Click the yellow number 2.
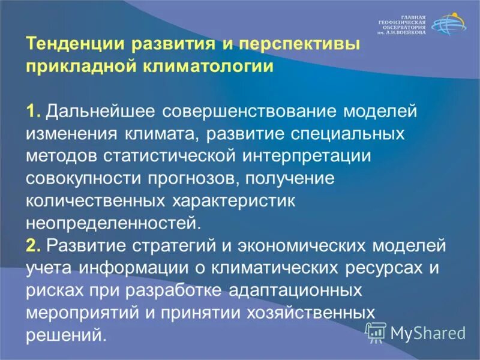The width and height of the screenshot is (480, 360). pyautogui.click(x=32, y=245)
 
